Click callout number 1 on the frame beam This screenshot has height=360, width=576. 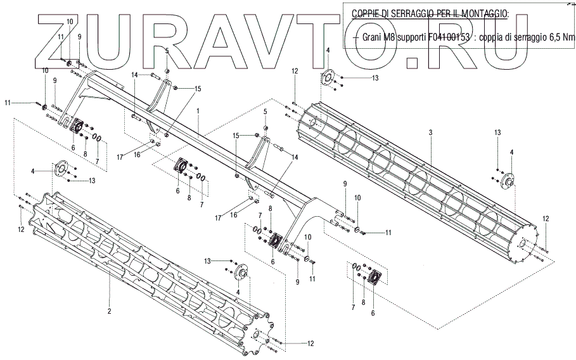pyautogui.click(x=198, y=111)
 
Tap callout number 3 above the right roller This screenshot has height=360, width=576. pyautogui.click(x=430, y=132)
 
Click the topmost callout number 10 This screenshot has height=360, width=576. pyautogui.click(x=70, y=22)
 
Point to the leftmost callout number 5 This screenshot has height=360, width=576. pyautogui.click(x=166, y=50)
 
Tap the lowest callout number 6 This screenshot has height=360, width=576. pyautogui.click(x=373, y=312)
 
